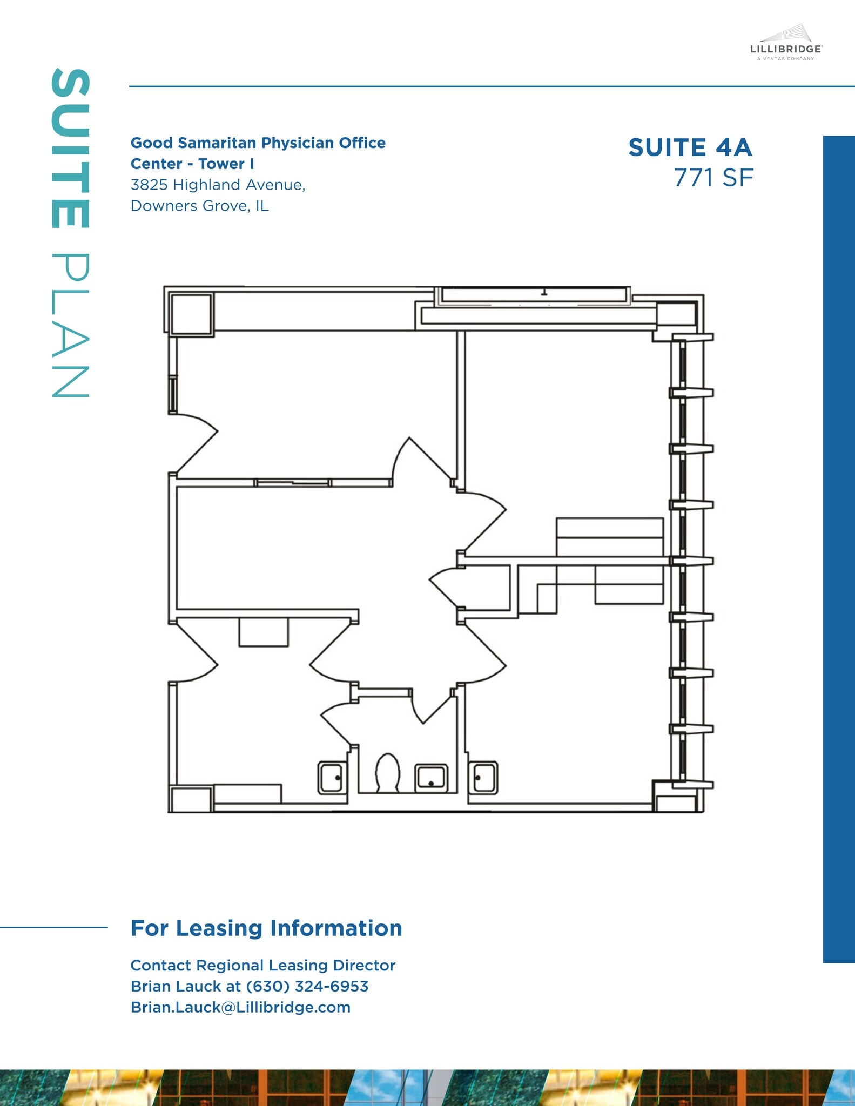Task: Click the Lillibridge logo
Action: (x=786, y=43)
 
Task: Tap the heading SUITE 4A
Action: (x=690, y=147)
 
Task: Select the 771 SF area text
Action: (x=713, y=178)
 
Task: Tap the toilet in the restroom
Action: (x=387, y=772)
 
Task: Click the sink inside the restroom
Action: (x=430, y=778)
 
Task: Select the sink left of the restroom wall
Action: (x=331, y=778)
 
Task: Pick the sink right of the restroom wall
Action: (x=484, y=778)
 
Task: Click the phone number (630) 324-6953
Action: (x=307, y=986)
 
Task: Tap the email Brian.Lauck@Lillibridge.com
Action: (x=240, y=1007)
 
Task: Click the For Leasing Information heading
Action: (x=266, y=928)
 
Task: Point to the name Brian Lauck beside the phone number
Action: (x=177, y=986)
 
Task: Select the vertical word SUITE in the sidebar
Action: (x=70, y=148)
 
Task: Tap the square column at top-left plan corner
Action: (x=191, y=313)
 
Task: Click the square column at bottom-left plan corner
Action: (x=190, y=800)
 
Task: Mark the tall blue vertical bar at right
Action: (x=838, y=549)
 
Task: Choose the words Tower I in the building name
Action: (x=226, y=164)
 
